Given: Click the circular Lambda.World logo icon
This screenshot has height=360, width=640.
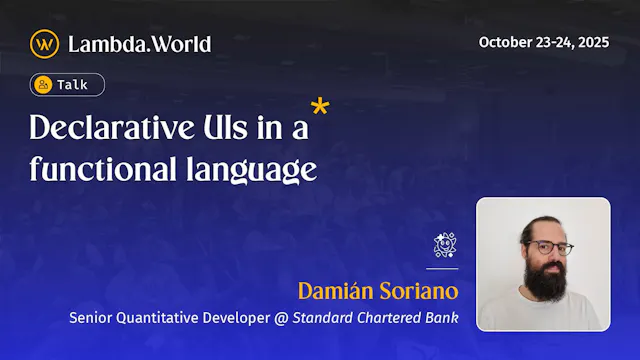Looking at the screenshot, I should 44,43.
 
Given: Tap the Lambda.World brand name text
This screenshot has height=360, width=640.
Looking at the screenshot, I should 139,44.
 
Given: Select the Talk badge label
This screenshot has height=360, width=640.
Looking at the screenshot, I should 71,85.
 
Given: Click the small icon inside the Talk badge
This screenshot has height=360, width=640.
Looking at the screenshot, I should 43,85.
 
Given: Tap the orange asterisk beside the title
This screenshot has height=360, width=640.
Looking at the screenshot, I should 320,108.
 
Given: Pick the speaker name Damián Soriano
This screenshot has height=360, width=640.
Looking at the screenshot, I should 378,291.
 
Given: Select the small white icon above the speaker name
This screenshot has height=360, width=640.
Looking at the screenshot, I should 445,245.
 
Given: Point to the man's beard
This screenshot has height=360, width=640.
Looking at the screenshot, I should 546,283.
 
